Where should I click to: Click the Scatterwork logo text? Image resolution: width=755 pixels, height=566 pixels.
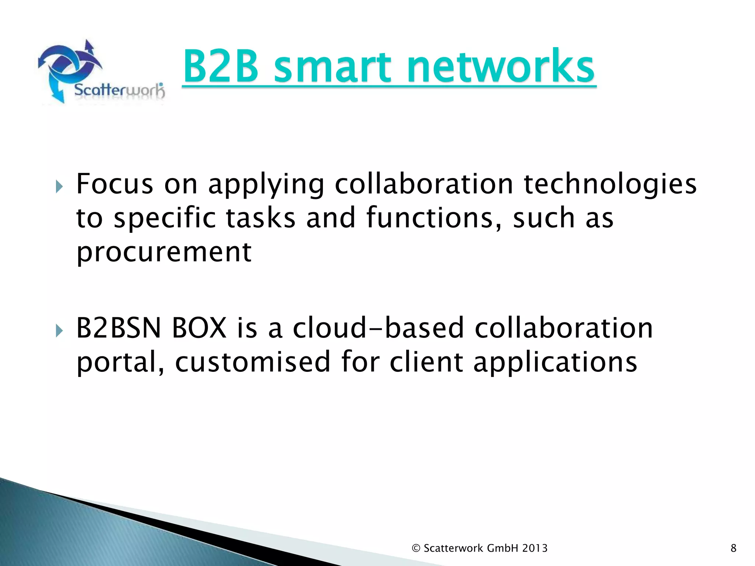[119, 90]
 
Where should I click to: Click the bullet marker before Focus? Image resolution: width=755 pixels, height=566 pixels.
[59, 187]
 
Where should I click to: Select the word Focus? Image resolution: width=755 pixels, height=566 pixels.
[115, 184]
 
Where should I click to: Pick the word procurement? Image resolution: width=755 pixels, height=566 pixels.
[164, 253]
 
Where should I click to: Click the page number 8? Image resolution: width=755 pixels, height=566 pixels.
[733, 548]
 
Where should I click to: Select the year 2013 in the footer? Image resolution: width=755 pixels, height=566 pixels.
[535, 548]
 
